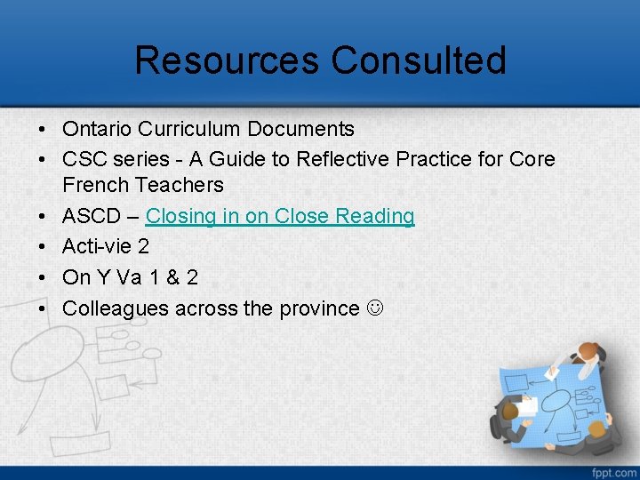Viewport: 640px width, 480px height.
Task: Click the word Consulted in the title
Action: (x=419, y=60)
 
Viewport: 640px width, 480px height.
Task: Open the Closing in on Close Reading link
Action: (x=280, y=216)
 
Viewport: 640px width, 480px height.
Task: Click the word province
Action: (x=319, y=308)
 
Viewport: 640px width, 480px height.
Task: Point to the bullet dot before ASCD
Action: (x=43, y=216)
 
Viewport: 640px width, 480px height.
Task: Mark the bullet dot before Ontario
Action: (x=43, y=129)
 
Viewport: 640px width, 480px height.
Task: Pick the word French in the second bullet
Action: (x=95, y=185)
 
